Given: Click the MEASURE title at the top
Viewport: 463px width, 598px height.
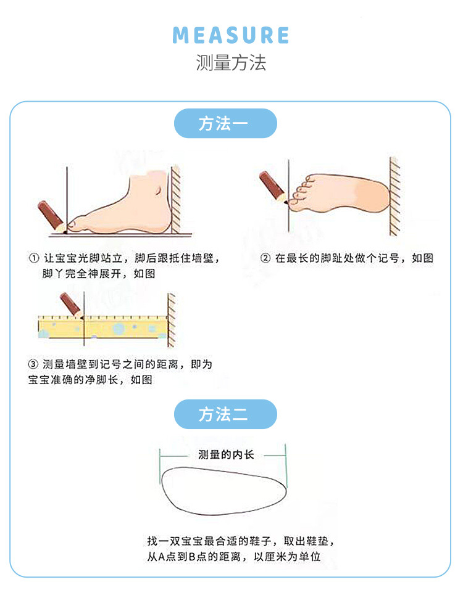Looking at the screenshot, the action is (231, 35).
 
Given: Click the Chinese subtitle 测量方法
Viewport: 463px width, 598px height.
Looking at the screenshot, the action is (231, 62).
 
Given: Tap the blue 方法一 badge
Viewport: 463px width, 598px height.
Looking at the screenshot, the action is (225, 123).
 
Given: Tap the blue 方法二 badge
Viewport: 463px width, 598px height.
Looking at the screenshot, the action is (225, 414).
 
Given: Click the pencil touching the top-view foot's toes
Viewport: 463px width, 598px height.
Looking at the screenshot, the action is (273, 187).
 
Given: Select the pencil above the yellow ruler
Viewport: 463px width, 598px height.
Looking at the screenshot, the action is (72, 305).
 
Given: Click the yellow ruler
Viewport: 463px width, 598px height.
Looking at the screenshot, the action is (103, 327).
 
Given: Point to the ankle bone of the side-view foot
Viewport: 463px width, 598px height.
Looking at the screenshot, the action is (159, 189).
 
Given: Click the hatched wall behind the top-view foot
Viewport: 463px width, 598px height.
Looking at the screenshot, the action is (394, 197).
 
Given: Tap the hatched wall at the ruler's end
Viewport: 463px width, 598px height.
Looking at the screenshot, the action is (172, 321).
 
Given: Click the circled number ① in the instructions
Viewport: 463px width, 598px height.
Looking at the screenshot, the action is (34, 258).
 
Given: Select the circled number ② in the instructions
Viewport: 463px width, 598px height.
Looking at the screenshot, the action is (265, 258).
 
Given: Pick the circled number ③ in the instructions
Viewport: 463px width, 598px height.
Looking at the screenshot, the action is (33, 364).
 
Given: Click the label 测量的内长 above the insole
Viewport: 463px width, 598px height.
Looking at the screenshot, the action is (226, 454).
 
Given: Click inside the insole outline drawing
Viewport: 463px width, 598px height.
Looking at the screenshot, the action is (224, 491).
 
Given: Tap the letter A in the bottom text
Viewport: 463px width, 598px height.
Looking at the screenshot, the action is (162, 557).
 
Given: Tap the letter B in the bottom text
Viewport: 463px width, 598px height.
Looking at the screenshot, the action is (192, 557).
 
